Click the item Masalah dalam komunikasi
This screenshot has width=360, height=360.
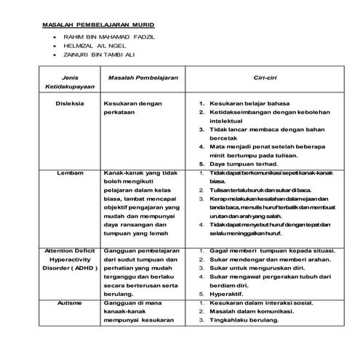point(253,310)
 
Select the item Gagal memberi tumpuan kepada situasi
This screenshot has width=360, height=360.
point(271,249)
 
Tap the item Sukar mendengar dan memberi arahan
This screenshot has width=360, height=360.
point(271,258)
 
